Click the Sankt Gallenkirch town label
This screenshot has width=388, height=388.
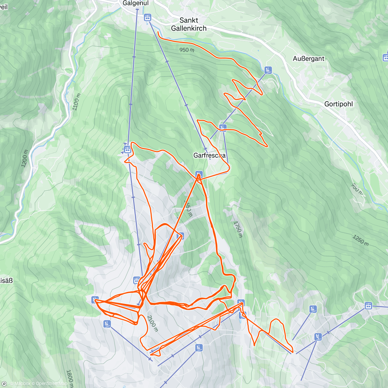click(189, 24)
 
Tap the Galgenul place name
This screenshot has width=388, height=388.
click(135, 3)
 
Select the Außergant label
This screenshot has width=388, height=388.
click(308, 59)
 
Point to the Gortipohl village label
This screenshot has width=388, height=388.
click(339, 104)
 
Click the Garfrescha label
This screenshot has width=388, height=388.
click(209, 156)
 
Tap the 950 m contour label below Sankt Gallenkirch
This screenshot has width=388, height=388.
click(187, 50)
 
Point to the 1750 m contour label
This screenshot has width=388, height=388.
click(238, 229)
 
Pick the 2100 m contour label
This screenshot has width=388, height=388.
click(152, 323)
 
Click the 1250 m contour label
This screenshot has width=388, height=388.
click(361, 240)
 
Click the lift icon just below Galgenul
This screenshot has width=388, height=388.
click(148, 17)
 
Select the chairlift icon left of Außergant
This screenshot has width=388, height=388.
click(268, 70)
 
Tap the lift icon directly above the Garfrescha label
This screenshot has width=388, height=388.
click(222, 127)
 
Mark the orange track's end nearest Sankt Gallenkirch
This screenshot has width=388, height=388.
click(158, 32)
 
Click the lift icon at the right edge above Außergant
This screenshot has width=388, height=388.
click(385, 58)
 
